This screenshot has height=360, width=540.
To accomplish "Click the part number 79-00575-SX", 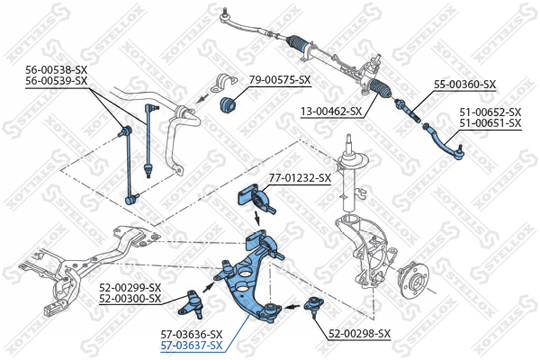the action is pyautogui.click(x=280, y=80).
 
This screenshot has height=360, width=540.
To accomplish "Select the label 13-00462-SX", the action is pyautogui.click(x=331, y=112).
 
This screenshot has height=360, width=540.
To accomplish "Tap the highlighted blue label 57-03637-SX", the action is pyautogui.click(x=192, y=346).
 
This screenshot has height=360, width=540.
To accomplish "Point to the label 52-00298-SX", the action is pyautogui.click(x=359, y=334).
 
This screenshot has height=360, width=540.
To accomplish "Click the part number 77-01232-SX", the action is pyautogui.click(x=300, y=178).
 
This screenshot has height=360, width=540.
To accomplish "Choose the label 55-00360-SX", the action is pyautogui.click(x=465, y=85).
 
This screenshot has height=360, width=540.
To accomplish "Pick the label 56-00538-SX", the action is pyautogui.click(x=57, y=70).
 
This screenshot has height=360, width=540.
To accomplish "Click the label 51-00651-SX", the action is pyautogui.click(x=490, y=122).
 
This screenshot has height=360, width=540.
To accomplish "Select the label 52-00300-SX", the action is pyautogui.click(x=130, y=298).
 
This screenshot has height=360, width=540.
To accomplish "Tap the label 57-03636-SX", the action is pyautogui.click(x=192, y=334).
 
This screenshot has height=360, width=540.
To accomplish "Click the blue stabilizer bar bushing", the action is pyautogui.click(x=228, y=104).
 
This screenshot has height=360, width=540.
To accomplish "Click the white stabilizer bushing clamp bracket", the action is pyautogui.click(x=224, y=84).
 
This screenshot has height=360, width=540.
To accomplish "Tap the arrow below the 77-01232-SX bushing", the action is pyautogui.click(x=256, y=219).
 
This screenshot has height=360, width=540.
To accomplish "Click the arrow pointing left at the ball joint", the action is pyautogui.click(x=292, y=306).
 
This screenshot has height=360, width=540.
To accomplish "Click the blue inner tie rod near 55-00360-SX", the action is pyautogui.click(x=408, y=111).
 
